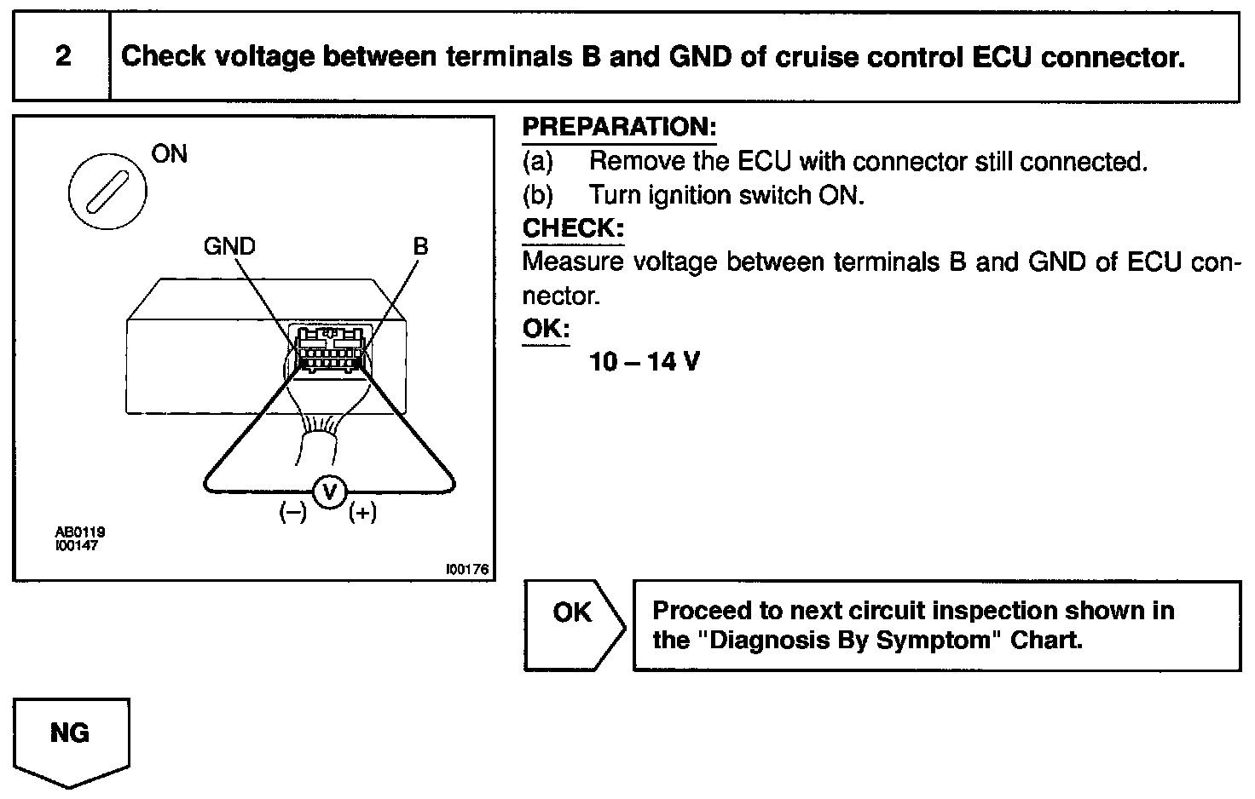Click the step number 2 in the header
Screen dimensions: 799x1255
tap(62, 56)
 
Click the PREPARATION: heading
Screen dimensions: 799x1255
tap(619, 128)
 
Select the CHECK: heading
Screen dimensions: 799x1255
tap(572, 228)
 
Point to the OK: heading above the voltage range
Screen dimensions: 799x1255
tap(546, 329)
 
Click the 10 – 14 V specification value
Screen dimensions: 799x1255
tap(645, 362)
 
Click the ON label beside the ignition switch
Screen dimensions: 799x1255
tap(169, 154)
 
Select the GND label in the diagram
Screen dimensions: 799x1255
tap(229, 246)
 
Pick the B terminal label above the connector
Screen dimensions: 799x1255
tap(420, 246)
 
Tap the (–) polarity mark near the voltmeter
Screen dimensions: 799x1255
tap(293, 513)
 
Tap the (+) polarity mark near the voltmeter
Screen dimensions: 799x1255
tap(362, 513)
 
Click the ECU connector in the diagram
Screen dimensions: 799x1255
tap(331, 350)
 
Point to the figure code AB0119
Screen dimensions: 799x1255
tap(80, 532)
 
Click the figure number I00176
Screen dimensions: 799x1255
tap(467, 570)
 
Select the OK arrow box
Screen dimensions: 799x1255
tap(574, 625)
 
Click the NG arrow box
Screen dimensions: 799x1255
tap(71, 738)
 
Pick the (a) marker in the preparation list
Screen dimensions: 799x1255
tap(538, 161)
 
